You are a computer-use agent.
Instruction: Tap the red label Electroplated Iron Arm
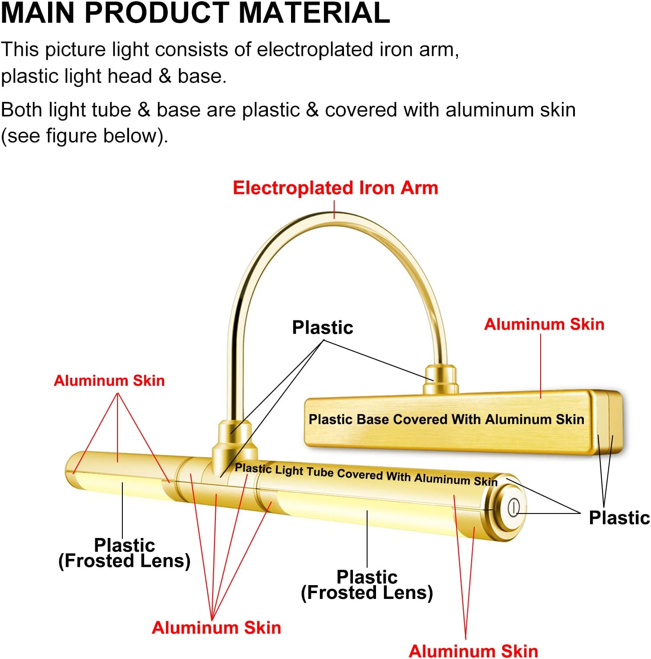[336, 188]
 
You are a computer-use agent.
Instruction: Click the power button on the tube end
[514, 507]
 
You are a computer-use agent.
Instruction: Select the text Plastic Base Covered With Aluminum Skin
[446, 419]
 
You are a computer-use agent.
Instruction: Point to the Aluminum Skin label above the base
[544, 324]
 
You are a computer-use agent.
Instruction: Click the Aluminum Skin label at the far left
[109, 380]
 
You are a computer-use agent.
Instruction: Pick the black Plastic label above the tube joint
[323, 327]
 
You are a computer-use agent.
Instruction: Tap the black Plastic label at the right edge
[619, 517]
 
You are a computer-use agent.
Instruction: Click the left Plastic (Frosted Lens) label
[125, 553]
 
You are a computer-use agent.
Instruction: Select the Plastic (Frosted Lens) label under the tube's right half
[367, 585]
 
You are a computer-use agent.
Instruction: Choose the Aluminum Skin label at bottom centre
[216, 628]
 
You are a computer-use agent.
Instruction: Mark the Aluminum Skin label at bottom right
[473, 651]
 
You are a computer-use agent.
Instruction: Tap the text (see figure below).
[85, 136]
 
